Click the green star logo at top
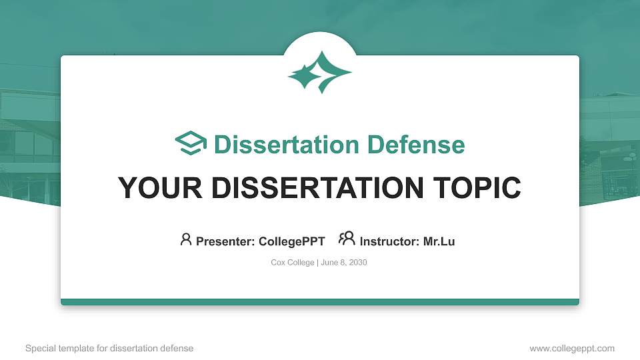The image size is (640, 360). (320, 72)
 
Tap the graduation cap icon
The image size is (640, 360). (191, 144)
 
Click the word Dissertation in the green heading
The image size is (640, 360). (279, 145)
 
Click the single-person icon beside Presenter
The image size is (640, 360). (186, 239)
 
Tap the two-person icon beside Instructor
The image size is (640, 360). (347, 239)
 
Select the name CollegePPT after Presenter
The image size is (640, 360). (291, 241)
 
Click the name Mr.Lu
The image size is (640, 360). (439, 241)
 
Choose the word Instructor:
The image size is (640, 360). (390, 241)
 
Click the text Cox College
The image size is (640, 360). (292, 263)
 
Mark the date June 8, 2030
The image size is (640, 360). (344, 263)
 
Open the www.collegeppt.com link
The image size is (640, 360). (571, 348)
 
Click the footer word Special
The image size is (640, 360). (39, 348)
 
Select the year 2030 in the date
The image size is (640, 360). (357, 263)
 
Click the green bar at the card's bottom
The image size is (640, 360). (320, 302)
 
